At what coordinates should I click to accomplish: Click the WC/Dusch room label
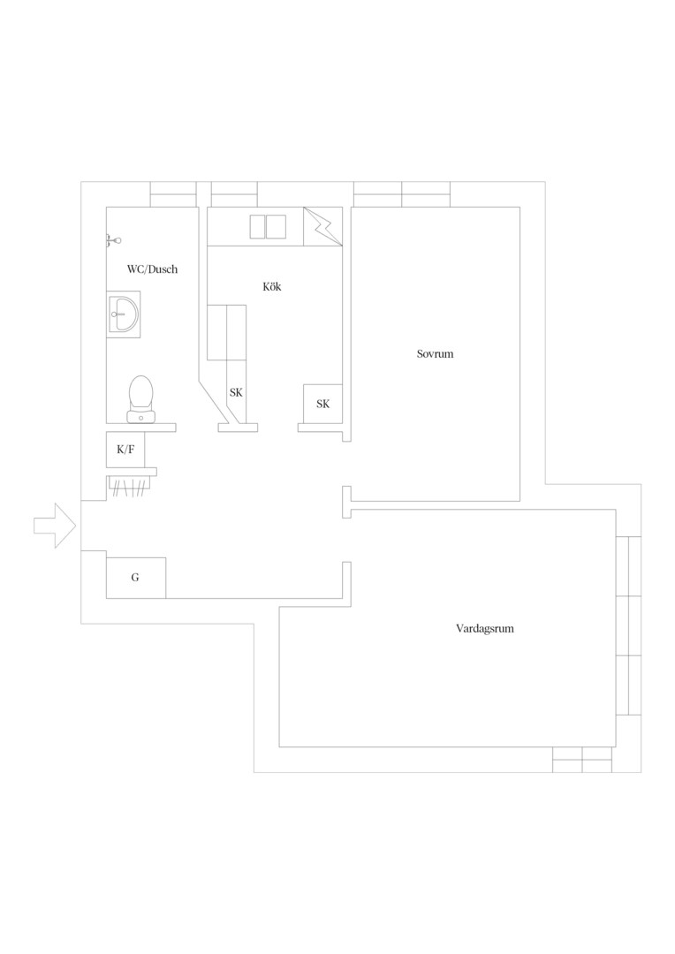(152, 269)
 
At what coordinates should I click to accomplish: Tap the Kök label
(272, 286)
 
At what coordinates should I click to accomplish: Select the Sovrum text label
(435, 353)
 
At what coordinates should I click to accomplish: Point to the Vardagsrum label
(484, 629)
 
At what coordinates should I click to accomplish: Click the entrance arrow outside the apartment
(55, 526)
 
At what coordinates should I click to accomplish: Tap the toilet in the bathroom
(140, 399)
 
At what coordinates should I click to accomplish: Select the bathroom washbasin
(124, 314)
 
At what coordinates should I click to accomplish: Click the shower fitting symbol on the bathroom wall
(112, 241)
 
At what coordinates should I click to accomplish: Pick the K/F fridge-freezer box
(125, 450)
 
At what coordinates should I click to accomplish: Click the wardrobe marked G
(136, 578)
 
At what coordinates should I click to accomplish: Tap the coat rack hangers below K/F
(129, 487)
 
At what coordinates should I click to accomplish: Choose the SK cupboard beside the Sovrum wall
(322, 404)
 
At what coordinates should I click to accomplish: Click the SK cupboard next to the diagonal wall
(236, 392)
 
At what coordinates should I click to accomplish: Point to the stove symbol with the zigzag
(322, 226)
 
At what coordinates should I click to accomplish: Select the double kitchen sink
(268, 226)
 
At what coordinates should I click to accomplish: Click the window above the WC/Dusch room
(173, 194)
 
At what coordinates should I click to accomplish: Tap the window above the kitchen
(234, 194)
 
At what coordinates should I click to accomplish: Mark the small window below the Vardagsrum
(582, 760)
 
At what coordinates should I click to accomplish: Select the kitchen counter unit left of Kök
(226, 333)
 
